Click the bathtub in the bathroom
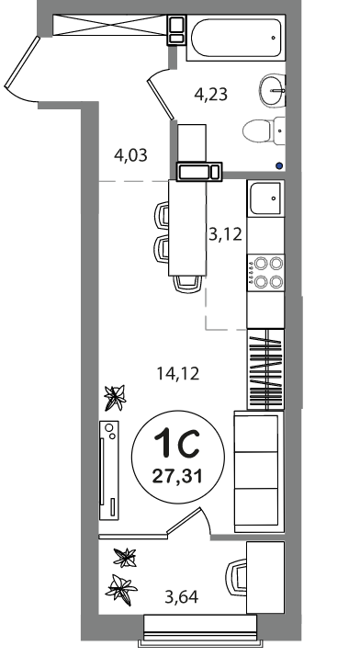pos(236,38)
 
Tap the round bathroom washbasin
pos(272,90)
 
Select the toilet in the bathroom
pos(264,130)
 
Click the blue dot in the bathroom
pos(279,165)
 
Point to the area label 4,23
pos(211,94)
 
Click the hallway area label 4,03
pos(130,155)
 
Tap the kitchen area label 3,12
pos(225,234)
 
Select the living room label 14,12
pos(178,374)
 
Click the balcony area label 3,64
pos(182,597)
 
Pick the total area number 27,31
pos(177,475)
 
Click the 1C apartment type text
pos(177,444)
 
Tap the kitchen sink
pos(265,198)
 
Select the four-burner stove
pos(265,272)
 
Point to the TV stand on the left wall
pos(108,470)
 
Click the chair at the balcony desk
pos(236,577)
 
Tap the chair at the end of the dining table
pos(188,284)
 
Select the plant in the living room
pos(115,398)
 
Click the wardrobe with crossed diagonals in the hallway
pos(109,25)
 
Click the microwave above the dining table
pos(199,172)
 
